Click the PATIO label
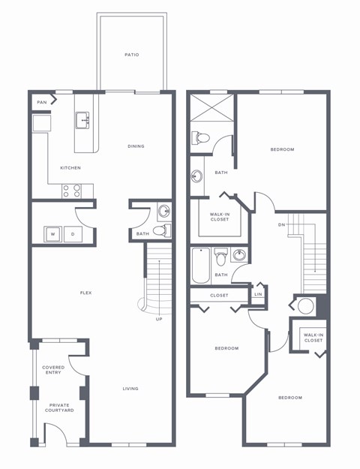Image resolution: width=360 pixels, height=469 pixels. point(132,55)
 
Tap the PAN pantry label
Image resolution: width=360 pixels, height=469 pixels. point(42,101)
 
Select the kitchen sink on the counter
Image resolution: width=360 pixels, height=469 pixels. point(82,120)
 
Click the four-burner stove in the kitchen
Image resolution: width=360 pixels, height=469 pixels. point(72,191)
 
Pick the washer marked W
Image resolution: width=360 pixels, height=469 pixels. point(52,234)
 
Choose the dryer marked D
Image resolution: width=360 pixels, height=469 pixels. point(73,234)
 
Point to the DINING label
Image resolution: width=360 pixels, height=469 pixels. point(136,146)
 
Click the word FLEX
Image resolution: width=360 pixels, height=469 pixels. point(86,292)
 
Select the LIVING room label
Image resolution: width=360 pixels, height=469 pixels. point(132,389)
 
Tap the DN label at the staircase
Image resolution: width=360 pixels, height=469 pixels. point(281,224)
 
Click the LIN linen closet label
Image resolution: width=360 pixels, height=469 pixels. point(258,294)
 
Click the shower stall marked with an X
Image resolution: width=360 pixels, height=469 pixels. point(211,104)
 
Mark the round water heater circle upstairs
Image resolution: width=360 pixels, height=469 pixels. point(306,306)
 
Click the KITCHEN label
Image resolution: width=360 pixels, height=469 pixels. point(70,167)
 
